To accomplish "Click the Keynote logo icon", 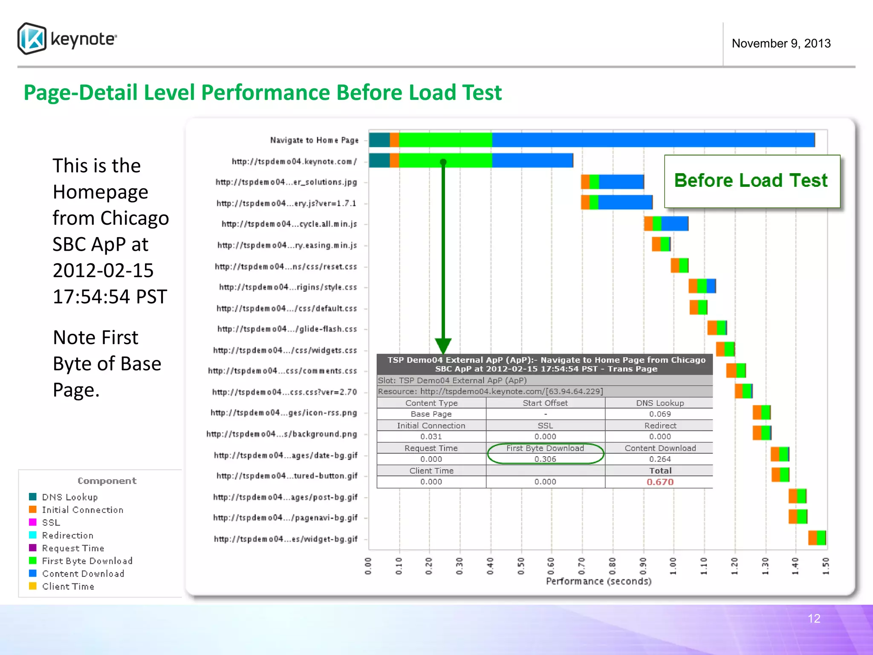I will pos(32,38).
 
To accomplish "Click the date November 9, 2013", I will pos(781,43).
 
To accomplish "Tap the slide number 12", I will pos(814,618).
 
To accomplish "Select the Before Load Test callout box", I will pos(752,181).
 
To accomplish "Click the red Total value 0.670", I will pos(660,482).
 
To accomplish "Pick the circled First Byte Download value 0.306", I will pos(545,459).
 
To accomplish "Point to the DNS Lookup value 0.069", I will pos(660,414).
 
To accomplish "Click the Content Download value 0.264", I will pos(660,459).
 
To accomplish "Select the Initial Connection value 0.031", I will pos(431,437).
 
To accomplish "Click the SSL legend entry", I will pos(51,522).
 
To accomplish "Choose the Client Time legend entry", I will pos(68,586).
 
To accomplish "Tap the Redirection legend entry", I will pos(67,535).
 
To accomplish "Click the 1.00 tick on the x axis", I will pos(673,566).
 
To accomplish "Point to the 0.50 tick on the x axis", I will pos(521,566).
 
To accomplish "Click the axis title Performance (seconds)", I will pos(598,581).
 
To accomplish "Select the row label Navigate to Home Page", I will pos(314,140).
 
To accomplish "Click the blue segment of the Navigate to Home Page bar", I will pos(652,140).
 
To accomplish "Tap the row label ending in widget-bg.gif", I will pos(286,539).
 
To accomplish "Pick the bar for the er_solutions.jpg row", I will pos(612,182).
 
